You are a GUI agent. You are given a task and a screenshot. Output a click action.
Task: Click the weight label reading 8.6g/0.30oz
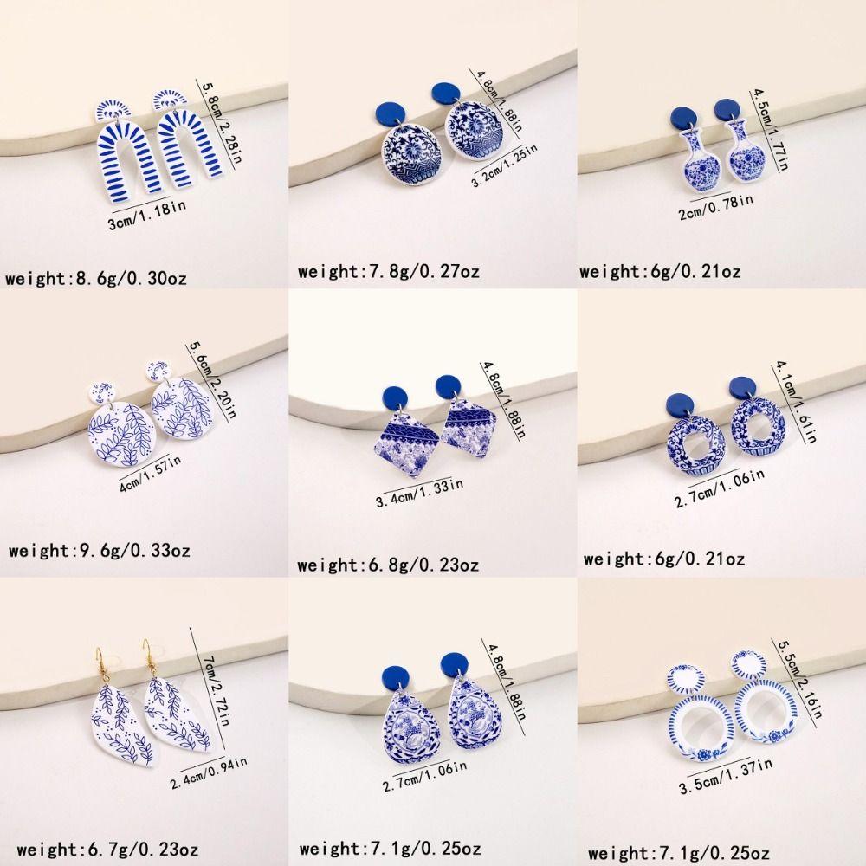click(96, 279)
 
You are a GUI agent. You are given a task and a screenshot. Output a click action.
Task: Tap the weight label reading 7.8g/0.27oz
click(388, 272)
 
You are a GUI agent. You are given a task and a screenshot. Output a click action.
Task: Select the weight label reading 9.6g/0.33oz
click(99, 550)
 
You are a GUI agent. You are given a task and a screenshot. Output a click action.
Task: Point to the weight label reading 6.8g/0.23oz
click(388, 565)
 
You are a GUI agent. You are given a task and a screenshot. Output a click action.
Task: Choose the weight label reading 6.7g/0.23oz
click(96, 847)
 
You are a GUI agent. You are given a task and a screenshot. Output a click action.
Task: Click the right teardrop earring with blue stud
click(471, 718)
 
